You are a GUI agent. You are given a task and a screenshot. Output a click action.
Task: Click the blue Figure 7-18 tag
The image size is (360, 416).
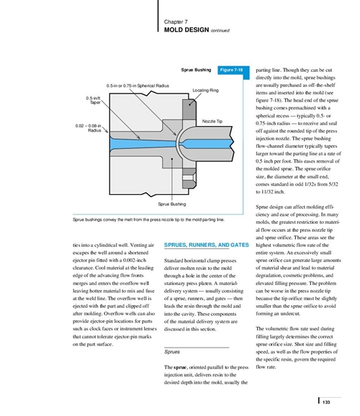pos(232,70)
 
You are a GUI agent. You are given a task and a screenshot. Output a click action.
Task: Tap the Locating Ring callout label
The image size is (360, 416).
pos(205,90)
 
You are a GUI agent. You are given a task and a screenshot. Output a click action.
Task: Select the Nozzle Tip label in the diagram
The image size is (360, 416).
pos(212,121)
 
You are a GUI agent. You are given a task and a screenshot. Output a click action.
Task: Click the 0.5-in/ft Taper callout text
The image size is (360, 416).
pos(93,100)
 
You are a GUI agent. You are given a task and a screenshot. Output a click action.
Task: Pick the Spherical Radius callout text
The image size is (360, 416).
pos(138,86)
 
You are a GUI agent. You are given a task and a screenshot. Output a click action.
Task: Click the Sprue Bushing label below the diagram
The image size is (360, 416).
pos(172,204)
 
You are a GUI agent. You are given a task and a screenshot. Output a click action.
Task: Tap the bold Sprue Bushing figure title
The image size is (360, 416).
pos(196,70)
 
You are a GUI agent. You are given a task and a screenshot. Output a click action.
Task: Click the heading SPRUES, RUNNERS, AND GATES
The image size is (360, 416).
pos(207,245)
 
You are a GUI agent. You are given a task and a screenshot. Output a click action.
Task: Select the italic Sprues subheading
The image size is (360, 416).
pos(172,352)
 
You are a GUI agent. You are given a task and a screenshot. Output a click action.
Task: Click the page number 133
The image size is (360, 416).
pos(326,402)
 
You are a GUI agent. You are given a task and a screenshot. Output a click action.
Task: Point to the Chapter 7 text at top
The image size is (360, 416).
pos(176,22)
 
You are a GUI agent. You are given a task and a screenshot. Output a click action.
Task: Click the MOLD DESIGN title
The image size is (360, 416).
pos(186,30)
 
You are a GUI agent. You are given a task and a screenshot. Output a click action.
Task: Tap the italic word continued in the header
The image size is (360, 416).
pos(220,30)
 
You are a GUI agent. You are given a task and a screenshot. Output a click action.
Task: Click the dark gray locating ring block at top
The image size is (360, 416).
pos(189,109)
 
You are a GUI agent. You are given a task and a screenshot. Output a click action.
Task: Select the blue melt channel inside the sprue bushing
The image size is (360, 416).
pos(143,143)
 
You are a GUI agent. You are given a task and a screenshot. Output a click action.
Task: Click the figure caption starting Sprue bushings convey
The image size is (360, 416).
pos(148,220)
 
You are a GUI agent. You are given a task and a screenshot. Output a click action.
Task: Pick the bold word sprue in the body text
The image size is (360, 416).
pos(181,368)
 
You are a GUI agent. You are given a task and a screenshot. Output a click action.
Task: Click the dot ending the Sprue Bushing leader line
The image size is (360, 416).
pos(172,159)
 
